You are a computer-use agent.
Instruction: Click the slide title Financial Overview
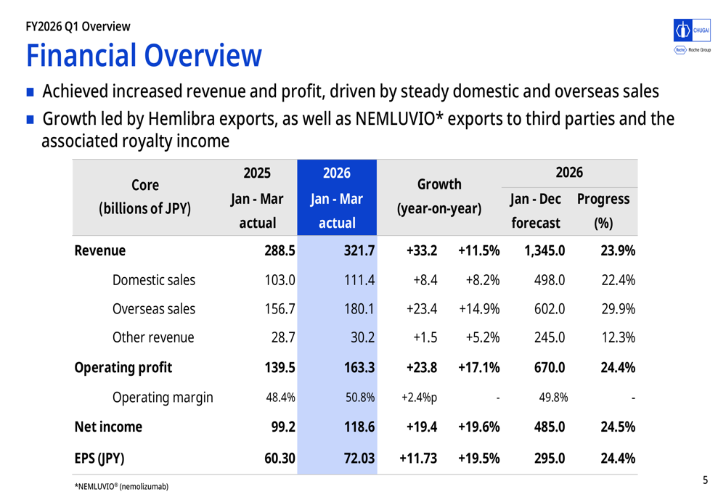[x=144, y=56]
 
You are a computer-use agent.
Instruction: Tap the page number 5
[x=705, y=480]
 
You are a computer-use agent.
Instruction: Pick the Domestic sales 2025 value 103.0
[x=280, y=280]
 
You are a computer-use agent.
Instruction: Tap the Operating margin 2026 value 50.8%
[x=360, y=398]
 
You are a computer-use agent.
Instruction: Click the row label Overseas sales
[x=154, y=309]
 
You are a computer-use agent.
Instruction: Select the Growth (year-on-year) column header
[x=439, y=197]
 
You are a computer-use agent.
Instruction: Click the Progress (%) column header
[x=603, y=210]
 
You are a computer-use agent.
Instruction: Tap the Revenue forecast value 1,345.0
[x=544, y=251]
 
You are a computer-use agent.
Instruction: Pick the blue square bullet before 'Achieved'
[x=30, y=92]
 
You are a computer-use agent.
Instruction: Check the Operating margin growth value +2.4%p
[x=419, y=398]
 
